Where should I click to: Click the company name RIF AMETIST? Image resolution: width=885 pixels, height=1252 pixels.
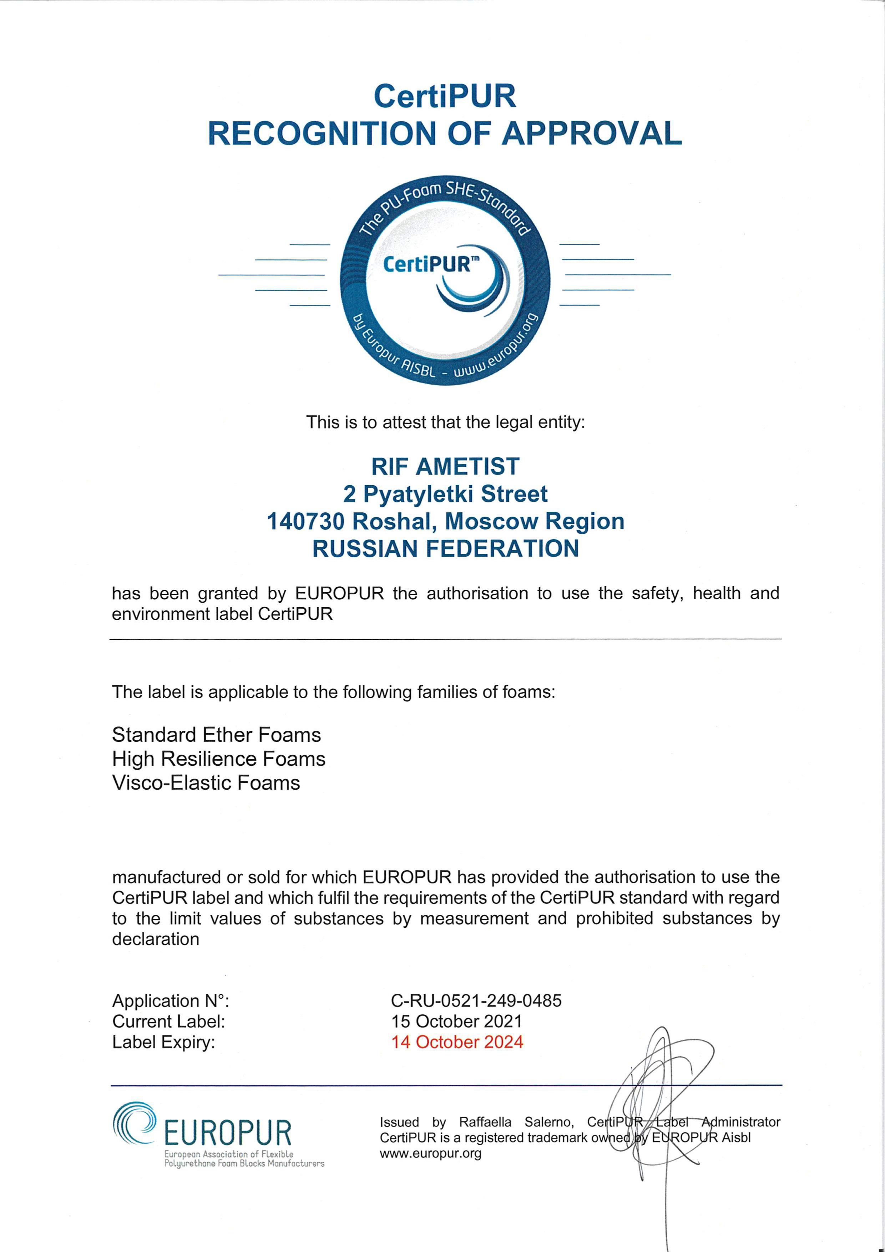pos(445,466)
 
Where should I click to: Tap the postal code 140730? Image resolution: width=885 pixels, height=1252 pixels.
pos(305,521)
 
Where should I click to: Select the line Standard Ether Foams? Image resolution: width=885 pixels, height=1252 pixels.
pos(217,735)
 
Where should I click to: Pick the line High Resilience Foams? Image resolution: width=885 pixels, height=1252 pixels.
pos(219,759)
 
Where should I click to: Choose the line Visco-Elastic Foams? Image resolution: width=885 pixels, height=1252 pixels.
pos(206,783)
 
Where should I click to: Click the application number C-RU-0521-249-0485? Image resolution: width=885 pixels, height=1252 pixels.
pos(476,1000)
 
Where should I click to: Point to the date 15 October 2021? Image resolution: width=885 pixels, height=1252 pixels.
pos(456,1022)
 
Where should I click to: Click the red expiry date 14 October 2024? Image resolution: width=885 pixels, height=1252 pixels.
pos(457,1042)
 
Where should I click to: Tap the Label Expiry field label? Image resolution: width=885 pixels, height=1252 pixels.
pos(163,1042)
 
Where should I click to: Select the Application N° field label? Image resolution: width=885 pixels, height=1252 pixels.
pos(171,1000)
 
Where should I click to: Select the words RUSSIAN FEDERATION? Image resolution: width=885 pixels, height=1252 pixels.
pos(445,548)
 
